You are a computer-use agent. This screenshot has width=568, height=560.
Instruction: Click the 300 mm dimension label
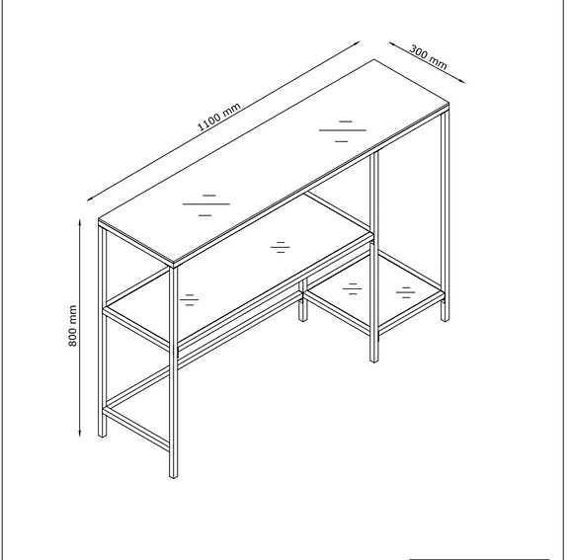point(428,56)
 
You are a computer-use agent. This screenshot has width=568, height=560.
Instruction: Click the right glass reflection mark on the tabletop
point(343,131)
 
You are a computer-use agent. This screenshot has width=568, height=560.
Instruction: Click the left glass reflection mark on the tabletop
point(205,203)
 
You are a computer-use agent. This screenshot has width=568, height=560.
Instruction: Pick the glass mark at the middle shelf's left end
point(189,298)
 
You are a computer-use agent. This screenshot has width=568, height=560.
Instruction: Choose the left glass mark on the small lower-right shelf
point(352,288)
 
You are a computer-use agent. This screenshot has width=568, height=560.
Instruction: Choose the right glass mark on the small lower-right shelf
point(404,291)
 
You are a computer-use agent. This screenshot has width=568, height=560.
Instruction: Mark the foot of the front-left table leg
point(172,474)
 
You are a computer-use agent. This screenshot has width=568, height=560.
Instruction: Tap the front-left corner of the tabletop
point(174,266)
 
